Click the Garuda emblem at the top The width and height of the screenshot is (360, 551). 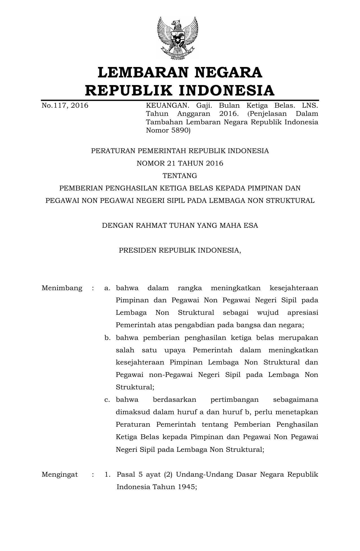tap(178, 38)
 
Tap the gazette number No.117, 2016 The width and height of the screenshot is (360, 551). tap(65, 106)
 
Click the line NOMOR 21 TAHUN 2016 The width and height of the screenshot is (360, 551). tap(180, 163)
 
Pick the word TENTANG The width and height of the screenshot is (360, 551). tap(180, 176)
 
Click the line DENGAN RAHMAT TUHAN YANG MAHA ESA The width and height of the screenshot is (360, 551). tap(180, 225)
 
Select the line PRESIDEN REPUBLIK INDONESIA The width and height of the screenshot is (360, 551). tap(180, 250)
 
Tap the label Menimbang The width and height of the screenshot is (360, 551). tap(62, 288)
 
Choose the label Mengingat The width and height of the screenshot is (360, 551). tap(60, 474)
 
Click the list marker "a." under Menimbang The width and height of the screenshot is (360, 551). tap(107, 288)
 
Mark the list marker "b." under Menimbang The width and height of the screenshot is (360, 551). tap(107, 338)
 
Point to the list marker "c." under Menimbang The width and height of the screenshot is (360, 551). tap(107, 400)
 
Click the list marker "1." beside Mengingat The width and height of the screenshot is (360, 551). tap(107, 475)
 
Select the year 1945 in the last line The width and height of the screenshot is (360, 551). tap(187, 487)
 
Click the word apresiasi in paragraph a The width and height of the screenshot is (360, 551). tap(302, 313)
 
